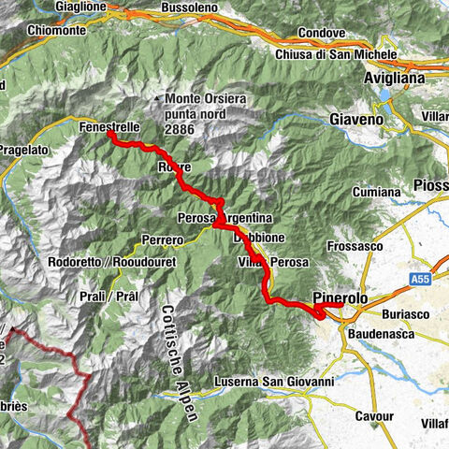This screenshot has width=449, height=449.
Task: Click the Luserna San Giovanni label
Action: click(x=274, y=382)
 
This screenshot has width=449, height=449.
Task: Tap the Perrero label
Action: click(x=162, y=240)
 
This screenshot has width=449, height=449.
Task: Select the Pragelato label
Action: click(x=35, y=150)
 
